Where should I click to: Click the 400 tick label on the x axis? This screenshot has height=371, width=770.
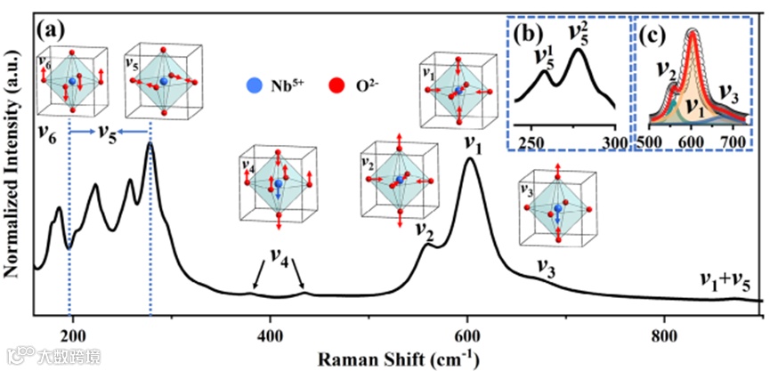pyautogui.click(x=270, y=335)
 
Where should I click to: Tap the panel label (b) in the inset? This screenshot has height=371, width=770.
pyautogui.click(x=530, y=36)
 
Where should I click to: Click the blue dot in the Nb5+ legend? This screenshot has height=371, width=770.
pyautogui.click(x=255, y=86)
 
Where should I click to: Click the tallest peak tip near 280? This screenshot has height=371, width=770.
pyautogui.click(x=150, y=143)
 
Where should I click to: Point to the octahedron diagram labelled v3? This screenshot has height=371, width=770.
pyautogui.click(x=557, y=210)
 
